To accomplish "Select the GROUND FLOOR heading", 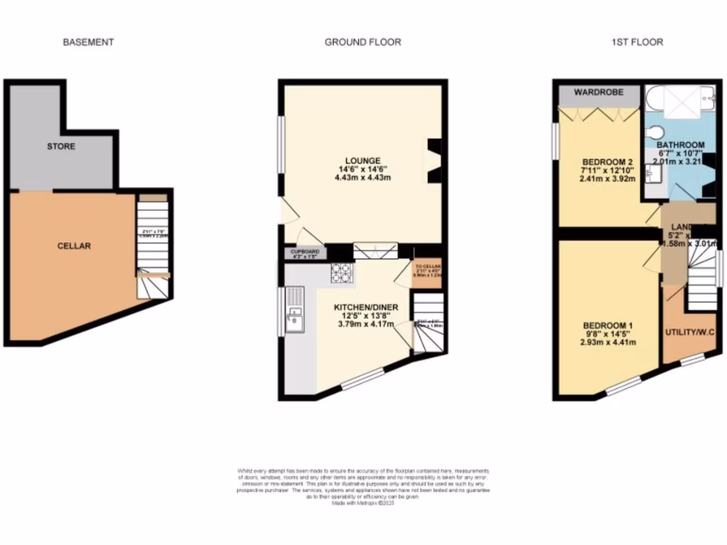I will pyautogui.click(x=363, y=43).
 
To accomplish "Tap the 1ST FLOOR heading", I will pyautogui.click(x=637, y=43).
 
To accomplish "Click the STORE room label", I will pyautogui.click(x=61, y=147).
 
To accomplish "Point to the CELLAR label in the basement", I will pyautogui.click(x=75, y=246).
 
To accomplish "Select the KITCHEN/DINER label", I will pyautogui.click(x=366, y=307).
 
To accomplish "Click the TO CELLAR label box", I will pyautogui.click(x=427, y=272).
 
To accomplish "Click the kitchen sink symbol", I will pyautogui.click(x=295, y=320).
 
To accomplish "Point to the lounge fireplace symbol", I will pyautogui.click(x=433, y=162).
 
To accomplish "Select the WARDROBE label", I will pyautogui.click(x=598, y=93).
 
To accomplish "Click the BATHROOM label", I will pyautogui.click(x=679, y=145).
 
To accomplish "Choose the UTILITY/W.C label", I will pyautogui.click(x=689, y=333).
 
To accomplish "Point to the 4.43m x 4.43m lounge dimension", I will pyautogui.click(x=363, y=178).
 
